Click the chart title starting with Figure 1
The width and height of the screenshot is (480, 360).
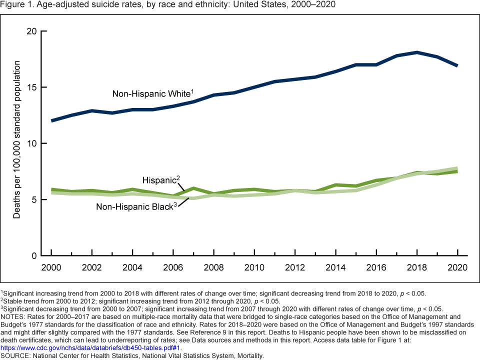[x=168, y=5]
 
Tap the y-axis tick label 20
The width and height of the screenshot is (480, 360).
[x=32, y=31]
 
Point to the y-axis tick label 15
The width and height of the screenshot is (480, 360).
[x=32, y=87]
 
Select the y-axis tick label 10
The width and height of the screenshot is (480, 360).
[x=32, y=143]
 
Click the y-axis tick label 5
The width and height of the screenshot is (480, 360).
[x=35, y=199]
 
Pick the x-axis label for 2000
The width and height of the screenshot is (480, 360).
[x=51, y=267]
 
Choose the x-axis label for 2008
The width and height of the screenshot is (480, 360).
[x=214, y=267]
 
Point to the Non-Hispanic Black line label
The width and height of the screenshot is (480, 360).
[x=135, y=206]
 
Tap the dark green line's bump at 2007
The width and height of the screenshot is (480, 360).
[x=193, y=188]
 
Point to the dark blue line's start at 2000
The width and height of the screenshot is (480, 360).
[x=51, y=120]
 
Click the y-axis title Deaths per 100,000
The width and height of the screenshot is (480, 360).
[x=17, y=140]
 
